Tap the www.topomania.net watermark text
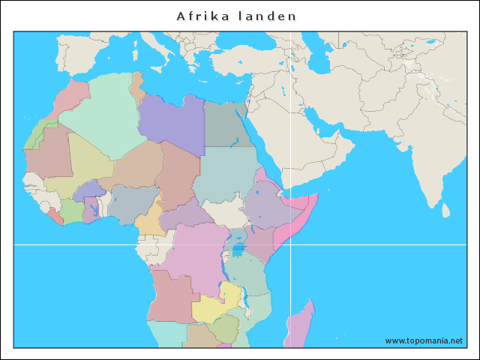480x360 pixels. pos(424,340)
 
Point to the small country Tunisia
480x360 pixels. pos(137,86)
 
